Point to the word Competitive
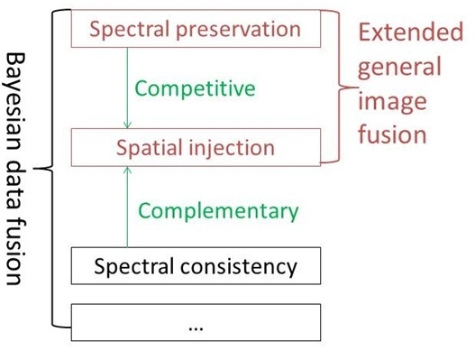click(195, 88)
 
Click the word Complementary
click(218, 211)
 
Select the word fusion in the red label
click(390, 135)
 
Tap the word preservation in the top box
click(241, 30)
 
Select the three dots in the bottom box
click(196, 326)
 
